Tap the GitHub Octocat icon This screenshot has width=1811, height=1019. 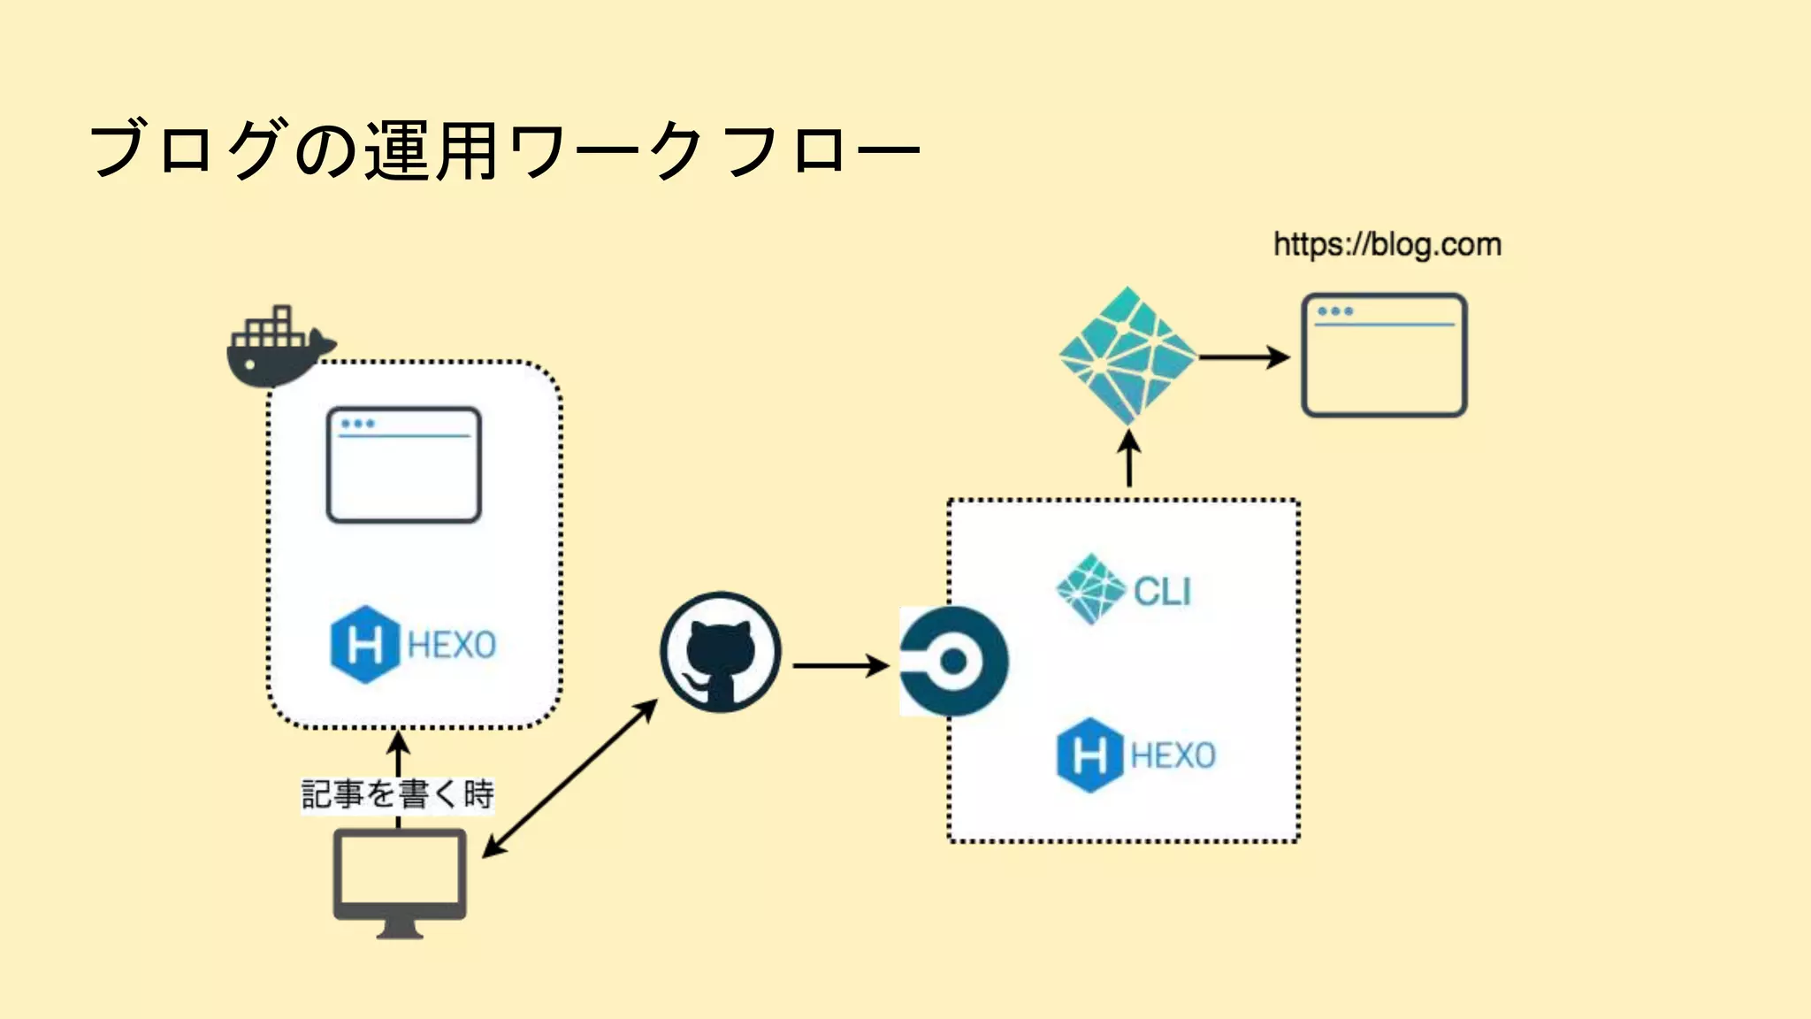click(x=721, y=653)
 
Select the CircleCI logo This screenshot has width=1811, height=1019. click(x=954, y=661)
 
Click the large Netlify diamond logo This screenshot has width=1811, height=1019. click(x=1127, y=356)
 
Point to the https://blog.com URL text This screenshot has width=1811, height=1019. click(x=1387, y=245)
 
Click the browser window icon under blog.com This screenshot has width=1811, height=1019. click(x=1384, y=356)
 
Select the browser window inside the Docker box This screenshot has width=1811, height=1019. click(x=404, y=465)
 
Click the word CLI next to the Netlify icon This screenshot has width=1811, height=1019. click(x=1162, y=592)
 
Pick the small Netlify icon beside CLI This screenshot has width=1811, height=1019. click(x=1090, y=589)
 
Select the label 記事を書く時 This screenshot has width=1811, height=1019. click(x=397, y=794)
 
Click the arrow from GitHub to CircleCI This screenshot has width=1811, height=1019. click(x=840, y=665)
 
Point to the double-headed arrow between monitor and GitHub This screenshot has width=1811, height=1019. click(x=570, y=778)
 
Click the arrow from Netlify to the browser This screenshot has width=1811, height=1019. click(x=1243, y=357)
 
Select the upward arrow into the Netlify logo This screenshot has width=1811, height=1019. click(x=1129, y=458)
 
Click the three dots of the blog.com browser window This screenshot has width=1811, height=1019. click(x=1335, y=311)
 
